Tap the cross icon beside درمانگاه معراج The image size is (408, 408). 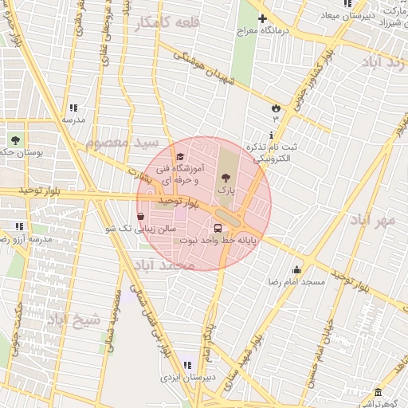[x=262, y=18]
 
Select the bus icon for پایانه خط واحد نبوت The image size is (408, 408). [x=218, y=229]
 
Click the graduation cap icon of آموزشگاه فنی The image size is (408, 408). [x=180, y=157]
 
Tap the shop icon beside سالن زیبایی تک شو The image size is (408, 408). [x=141, y=216]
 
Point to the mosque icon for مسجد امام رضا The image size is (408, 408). [x=296, y=269]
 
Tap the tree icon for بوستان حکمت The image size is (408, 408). [x=14, y=139]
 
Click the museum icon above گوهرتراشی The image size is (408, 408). [x=377, y=394]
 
